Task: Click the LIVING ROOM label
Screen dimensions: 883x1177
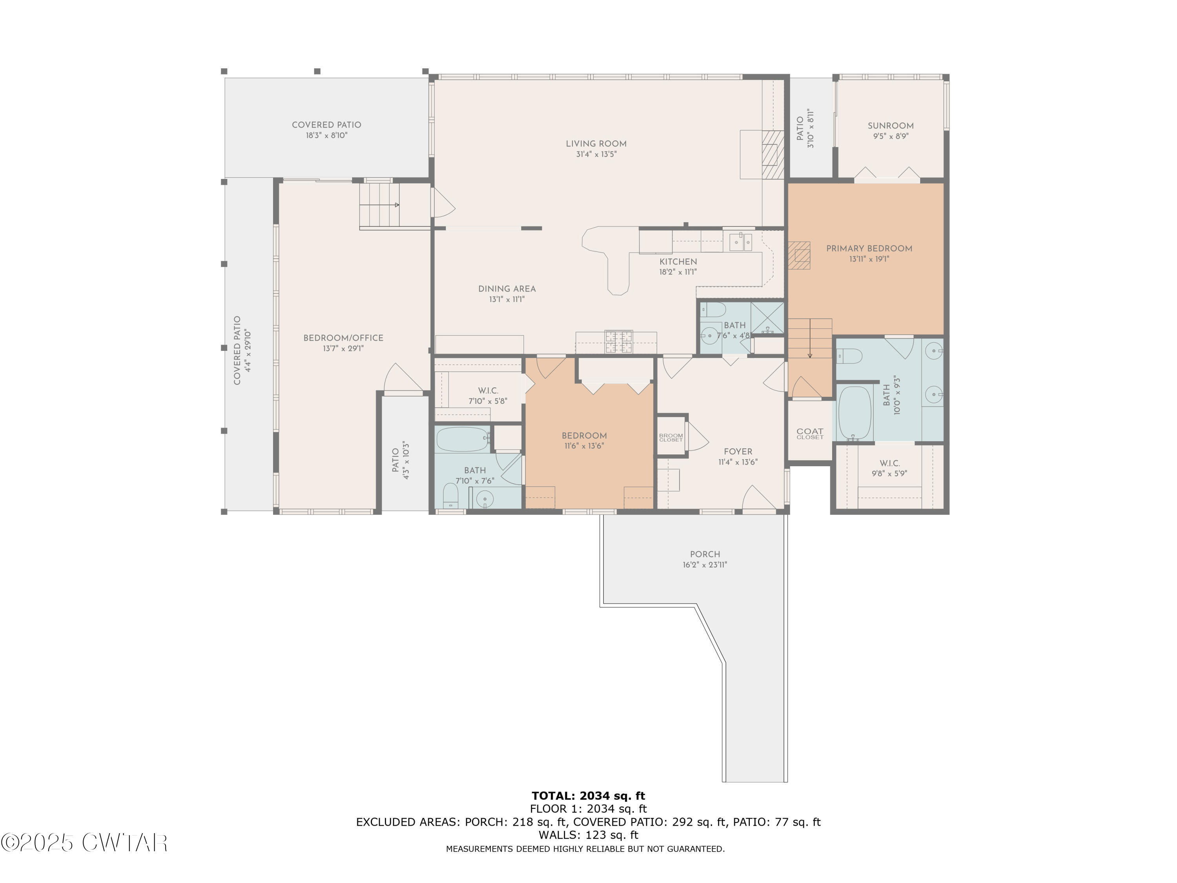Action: [596, 144]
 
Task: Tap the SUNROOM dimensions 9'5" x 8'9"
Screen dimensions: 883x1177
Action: [890, 136]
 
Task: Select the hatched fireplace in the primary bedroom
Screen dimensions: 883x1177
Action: [799, 255]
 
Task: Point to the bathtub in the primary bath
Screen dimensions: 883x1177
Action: [855, 412]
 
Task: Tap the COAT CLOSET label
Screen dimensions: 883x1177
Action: [809, 433]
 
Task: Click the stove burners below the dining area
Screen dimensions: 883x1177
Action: [618, 342]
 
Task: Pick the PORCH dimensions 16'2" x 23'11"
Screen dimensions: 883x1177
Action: [705, 565]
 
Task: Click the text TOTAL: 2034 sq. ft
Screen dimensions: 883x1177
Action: [588, 796]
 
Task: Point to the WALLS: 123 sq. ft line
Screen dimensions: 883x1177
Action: [588, 835]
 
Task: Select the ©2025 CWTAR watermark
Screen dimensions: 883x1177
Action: [84, 843]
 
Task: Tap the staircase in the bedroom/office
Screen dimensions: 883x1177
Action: [379, 205]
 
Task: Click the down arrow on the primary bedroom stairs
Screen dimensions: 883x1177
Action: [810, 354]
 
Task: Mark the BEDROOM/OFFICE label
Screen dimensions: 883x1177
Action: [343, 338]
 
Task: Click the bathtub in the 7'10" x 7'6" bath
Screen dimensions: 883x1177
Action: [462, 439]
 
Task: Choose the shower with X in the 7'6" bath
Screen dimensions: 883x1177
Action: [767, 318]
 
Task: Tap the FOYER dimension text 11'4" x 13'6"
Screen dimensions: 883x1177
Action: [738, 462]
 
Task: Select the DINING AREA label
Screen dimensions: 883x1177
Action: [507, 289]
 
